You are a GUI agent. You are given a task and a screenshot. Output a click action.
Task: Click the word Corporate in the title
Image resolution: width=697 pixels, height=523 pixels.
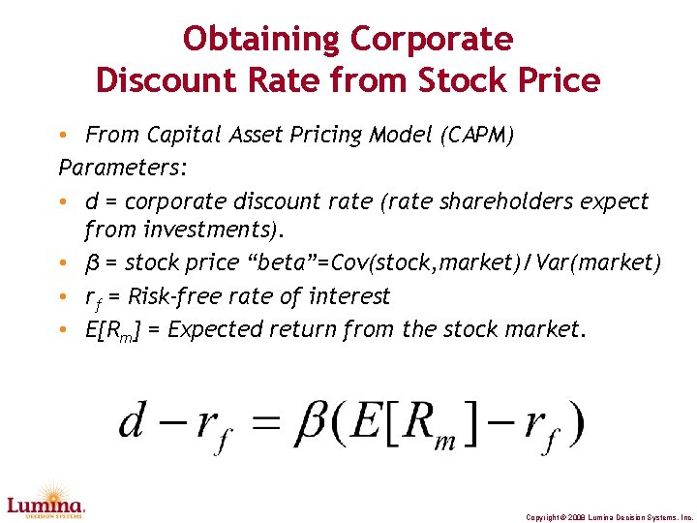[432, 40]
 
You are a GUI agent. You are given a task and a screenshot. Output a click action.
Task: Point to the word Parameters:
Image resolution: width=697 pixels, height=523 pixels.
[123, 168]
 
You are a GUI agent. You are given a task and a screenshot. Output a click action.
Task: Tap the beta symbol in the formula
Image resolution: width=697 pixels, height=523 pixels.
[310, 422]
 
